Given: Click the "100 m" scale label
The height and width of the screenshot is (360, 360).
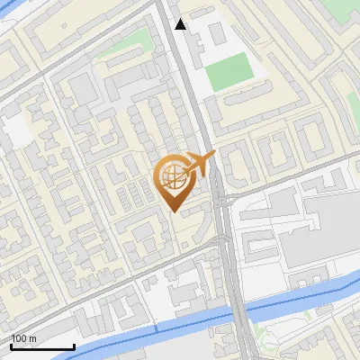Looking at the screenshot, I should click(x=23, y=338).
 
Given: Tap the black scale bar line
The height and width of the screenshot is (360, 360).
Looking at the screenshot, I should click(x=42, y=346).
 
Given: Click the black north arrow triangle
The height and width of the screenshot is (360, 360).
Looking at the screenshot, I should click(x=181, y=24).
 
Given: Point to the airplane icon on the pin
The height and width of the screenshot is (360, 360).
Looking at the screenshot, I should click(x=200, y=164).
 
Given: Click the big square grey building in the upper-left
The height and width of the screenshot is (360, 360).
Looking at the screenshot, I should click(x=82, y=89).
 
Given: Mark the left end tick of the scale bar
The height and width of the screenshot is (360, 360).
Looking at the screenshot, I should click(x=11, y=346).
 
